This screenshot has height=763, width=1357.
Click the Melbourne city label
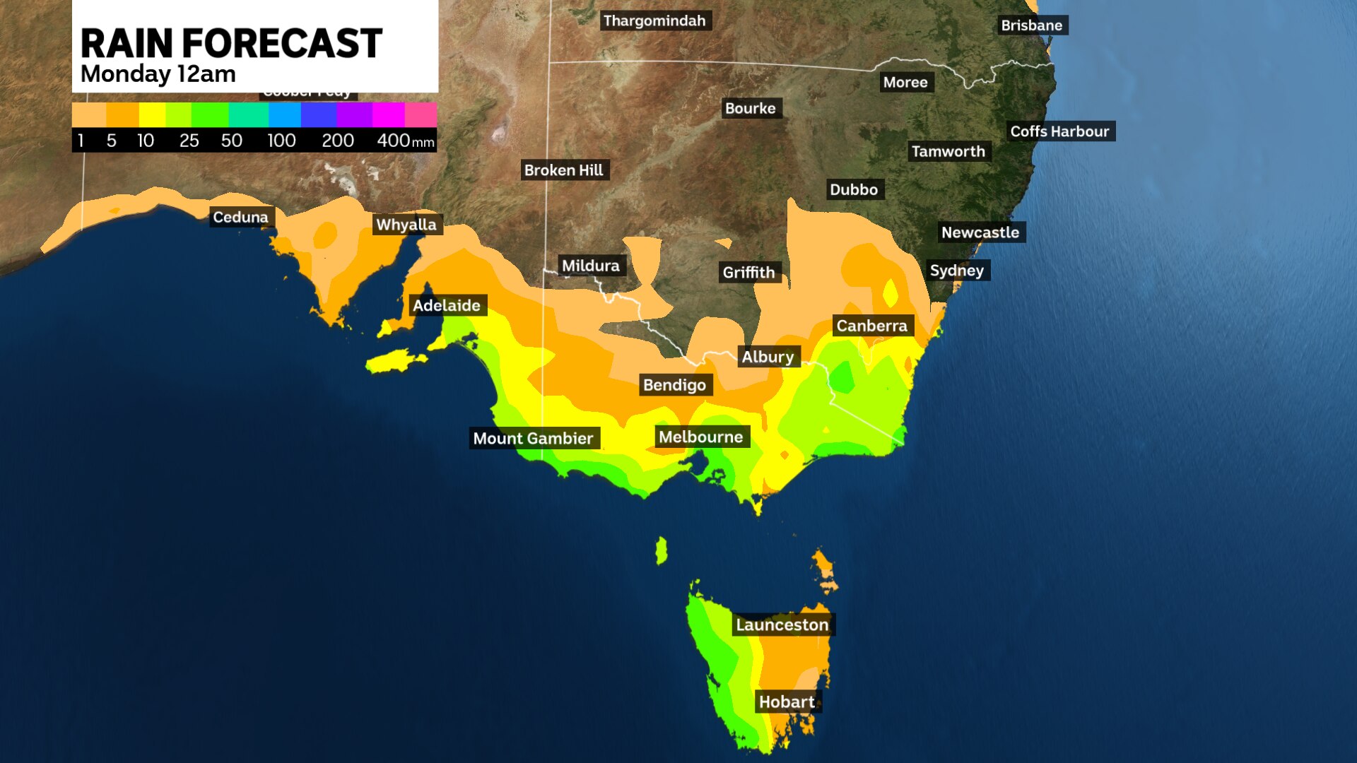(x=700, y=437)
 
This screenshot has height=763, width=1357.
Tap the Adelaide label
(x=447, y=306)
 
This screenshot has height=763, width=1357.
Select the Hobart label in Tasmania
(x=787, y=702)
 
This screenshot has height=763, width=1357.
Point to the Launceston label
(x=782, y=625)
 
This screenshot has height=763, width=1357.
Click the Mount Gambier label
(x=533, y=439)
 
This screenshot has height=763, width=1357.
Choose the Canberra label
(x=871, y=326)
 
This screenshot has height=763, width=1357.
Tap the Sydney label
(x=956, y=271)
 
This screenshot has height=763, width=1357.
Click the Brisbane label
(x=1031, y=25)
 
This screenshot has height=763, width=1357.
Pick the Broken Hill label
(x=563, y=170)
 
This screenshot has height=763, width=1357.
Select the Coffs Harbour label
(x=1059, y=131)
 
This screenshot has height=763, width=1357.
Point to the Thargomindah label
(x=654, y=21)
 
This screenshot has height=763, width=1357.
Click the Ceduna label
(x=240, y=218)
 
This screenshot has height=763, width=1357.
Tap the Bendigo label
(x=674, y=386)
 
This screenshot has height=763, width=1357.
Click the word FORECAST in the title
(x=282, y=44)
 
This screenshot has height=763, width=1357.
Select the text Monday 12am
(x=158, y=74)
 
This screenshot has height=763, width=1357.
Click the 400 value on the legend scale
(x=393, y=141)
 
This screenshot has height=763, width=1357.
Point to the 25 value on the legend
(x=189, y=141)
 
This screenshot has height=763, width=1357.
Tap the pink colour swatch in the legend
(x=421, y=114)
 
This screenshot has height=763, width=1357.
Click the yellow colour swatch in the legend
(x=152, y=114)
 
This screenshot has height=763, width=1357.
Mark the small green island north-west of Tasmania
(x=661, y=550)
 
